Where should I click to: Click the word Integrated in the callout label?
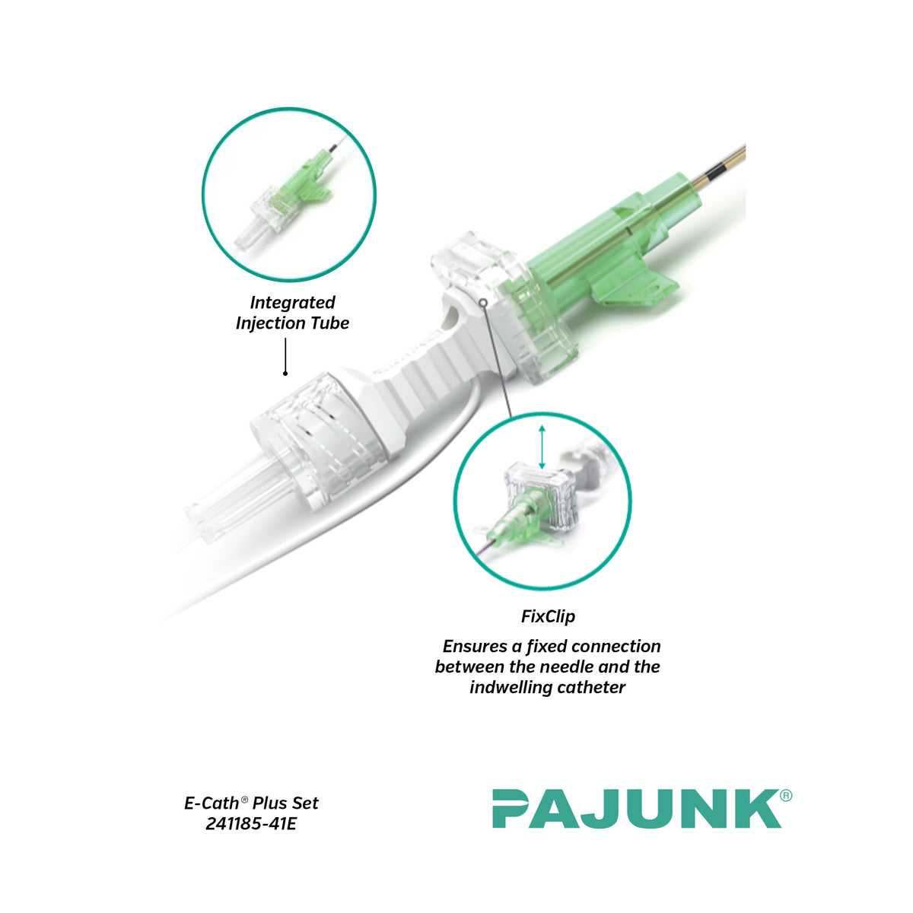click(292, 302)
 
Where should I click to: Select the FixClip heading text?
click(548, 616)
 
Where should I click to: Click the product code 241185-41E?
click(251, 824)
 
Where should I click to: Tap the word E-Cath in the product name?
click(212, 803)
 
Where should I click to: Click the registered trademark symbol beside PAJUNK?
click(785, 796)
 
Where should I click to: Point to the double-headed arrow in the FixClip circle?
click(542, 447)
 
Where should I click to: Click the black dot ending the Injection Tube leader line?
click(285, 374)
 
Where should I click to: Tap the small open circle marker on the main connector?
click(483, 302)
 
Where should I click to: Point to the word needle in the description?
click(568, 666)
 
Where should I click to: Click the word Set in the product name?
click(305, 803)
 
